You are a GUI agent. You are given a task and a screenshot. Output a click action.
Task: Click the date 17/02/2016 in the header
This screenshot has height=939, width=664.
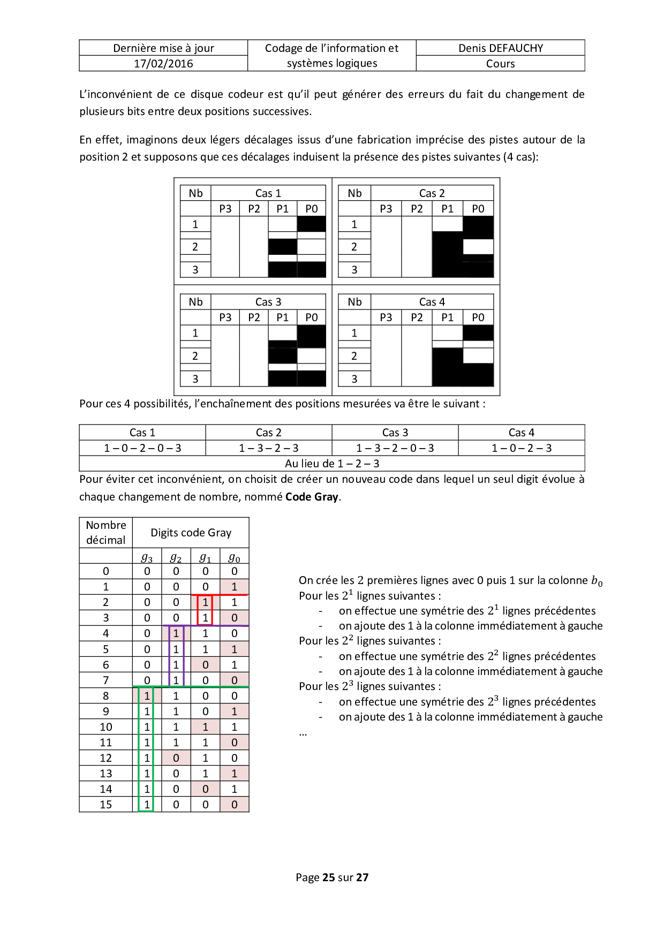click(163, 64)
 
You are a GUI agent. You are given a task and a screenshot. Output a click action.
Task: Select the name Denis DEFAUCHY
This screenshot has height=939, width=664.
click(500, 48)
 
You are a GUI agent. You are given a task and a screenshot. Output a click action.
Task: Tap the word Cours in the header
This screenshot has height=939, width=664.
click(500, 64)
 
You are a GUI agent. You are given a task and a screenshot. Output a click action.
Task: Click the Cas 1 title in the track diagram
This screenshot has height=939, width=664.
click(268, 193)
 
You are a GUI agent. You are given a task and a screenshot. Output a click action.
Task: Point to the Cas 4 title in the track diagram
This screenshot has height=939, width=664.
click(432, 302)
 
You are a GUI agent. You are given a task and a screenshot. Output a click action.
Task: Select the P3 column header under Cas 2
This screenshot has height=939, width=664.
click(386, 209)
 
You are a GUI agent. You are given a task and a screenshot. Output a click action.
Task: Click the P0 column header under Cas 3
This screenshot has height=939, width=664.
click(311, 317)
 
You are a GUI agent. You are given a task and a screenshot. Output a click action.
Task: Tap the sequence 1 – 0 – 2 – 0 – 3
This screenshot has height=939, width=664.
click(142, 448)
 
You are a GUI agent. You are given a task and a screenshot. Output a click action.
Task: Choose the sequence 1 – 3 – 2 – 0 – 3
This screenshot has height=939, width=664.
click(395, 448)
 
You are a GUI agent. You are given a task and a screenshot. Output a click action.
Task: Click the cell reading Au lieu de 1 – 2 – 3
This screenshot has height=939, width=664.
click(332, 464)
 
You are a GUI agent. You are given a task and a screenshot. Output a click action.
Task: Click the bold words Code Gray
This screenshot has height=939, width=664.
click(312, 497)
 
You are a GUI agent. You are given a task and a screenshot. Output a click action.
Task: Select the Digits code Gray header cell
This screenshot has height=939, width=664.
click(191, 533)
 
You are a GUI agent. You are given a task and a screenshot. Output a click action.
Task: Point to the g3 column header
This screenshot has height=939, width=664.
click(147, 558)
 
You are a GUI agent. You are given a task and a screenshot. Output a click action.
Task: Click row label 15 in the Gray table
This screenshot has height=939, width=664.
click(106, 805)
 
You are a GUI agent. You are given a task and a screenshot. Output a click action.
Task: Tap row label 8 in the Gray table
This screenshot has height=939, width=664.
click(106, 696)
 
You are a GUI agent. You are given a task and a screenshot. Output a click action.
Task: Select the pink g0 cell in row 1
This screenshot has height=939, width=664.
click(234, 587)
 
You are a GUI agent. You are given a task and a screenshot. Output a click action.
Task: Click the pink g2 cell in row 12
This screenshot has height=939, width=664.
click(176, 758)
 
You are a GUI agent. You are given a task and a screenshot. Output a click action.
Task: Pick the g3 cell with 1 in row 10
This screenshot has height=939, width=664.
click(147, 727)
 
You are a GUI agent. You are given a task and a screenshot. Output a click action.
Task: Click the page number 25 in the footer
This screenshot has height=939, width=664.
click(328, 877)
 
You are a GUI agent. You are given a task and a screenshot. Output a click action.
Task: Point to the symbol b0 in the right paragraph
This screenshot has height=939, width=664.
click(597, 581)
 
